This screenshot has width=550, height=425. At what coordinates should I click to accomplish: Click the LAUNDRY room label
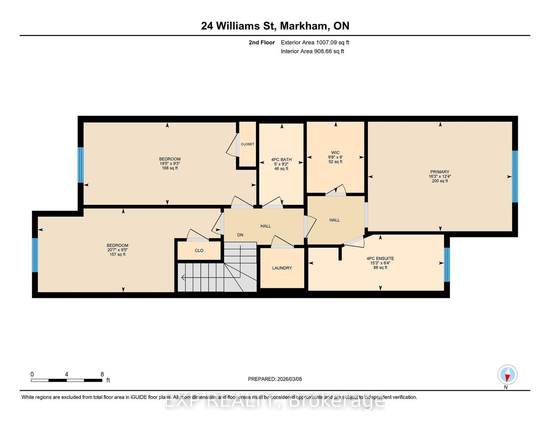tap(282, 268)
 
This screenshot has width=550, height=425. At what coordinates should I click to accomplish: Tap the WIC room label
tap(335, 153)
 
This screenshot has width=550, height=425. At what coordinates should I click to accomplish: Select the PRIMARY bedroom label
tap(440, 172)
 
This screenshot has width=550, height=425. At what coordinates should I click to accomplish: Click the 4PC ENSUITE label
tap(380, 258)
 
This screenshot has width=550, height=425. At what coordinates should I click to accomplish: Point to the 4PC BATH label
tap(281, 159)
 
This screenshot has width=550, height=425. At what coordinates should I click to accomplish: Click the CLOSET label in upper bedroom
tap(247, 144)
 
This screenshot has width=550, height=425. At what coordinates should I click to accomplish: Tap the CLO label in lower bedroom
tap(199, 250)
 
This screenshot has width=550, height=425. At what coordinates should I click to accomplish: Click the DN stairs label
tap(240, 235)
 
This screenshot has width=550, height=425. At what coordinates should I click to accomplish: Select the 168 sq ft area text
tap(170, 168)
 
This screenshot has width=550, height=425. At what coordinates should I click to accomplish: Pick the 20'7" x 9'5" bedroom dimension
tap(117, 250)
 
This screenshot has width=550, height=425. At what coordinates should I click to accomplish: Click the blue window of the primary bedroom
tap(515, 176)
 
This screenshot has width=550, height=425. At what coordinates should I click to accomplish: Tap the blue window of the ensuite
tap(447, 265)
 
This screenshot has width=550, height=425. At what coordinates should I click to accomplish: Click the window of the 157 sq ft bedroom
tap(35, 255)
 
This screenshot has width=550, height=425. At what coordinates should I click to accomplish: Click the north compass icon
tap(507, 375)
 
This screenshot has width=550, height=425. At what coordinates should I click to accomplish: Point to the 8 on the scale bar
tap(102, 374)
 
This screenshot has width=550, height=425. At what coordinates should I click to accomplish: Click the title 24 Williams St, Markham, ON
tap(275, 26)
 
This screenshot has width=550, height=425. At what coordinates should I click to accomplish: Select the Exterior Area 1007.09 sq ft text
tap(315, 43)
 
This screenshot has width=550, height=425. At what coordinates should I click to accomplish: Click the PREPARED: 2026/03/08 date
tap(275, 379)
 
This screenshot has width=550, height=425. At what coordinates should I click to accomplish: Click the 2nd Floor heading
tap(262, 43)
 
